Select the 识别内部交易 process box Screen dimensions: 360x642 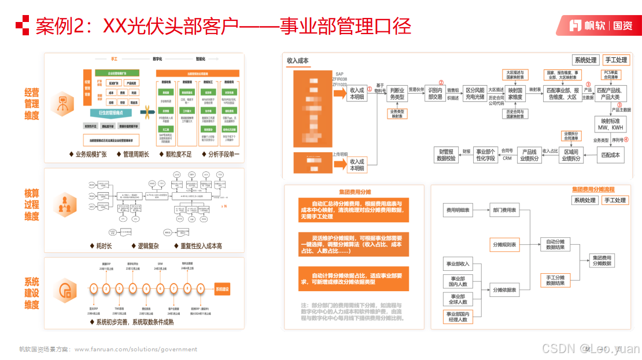(x=435, y=94)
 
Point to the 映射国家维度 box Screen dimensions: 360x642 (x=515, y=94)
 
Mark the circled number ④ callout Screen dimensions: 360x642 (x=625, y=139)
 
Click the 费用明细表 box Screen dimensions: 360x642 (x=457, y=210)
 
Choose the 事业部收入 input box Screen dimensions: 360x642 (x=457, y=264)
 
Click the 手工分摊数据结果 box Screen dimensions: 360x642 (x=555, y=281)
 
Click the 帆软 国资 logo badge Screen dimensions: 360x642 (x=597, y=25)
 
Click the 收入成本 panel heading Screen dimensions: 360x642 (x=298, y=60)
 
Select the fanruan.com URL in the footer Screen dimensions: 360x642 (x=136, y=349)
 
